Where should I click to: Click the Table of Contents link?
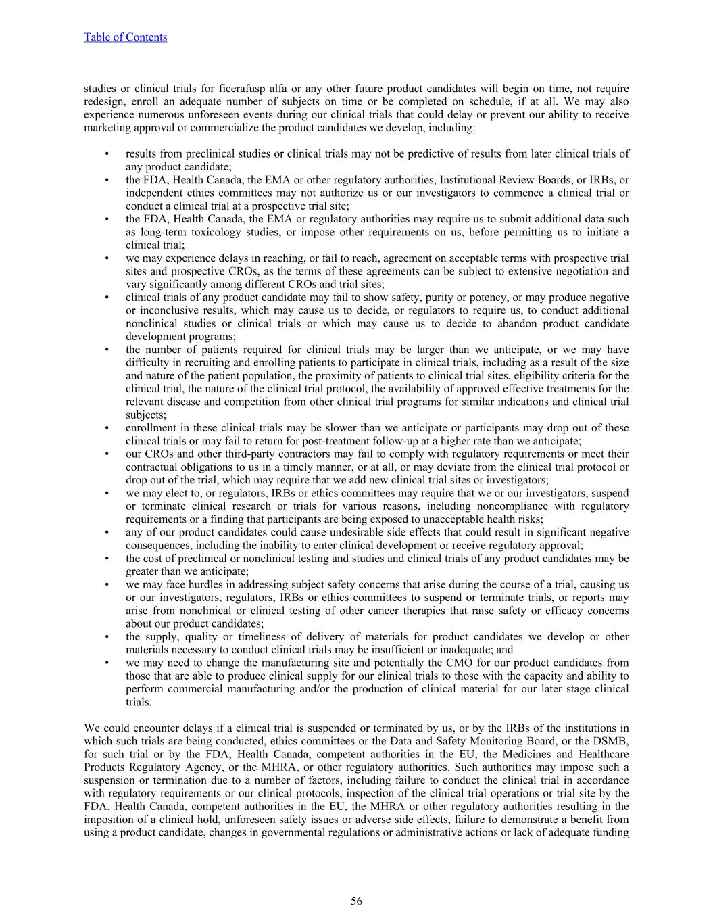point(125,37)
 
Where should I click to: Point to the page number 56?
point(356,901)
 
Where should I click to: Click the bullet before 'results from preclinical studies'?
point(107,153)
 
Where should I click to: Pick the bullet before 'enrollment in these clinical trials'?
point(107,428)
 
